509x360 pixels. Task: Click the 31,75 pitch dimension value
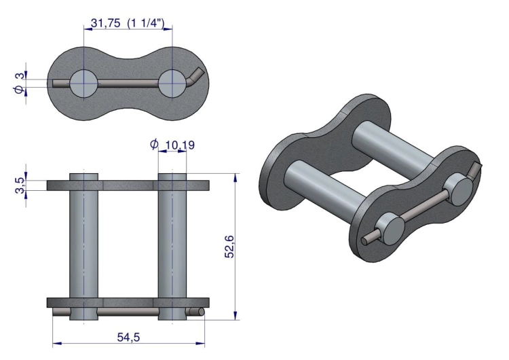pyautogui.click(x=105, y=23)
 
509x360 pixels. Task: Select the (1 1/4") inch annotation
pyautogui.click(x=146, y=23)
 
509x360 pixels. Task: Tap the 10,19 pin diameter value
pyautogui.click(x=180, y=145)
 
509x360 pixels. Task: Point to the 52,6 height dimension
pyautogui.click(x=229, y=247)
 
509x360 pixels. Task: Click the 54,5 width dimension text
pyautogui.click(x=128, y=338)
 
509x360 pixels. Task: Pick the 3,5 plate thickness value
pyautogui.click(x=20, y=185)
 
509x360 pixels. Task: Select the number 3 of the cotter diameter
pyautogui.click(x=20, y=75)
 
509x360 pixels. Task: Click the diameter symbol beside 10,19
pyautogui.click(x=154, y=143)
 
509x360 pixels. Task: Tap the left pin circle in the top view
pyautogui.click(x=83, y=84)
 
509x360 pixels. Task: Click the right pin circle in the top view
pyautogui.click(x=172, y=84)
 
